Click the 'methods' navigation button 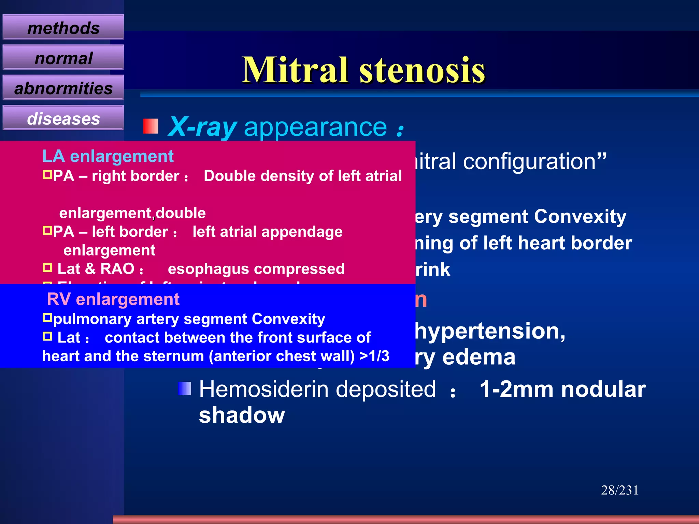63,28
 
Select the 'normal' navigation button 63,58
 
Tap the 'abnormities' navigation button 63,88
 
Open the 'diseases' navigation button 63,118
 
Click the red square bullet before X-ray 151,126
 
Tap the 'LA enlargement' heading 108,156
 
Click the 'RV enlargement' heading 113,299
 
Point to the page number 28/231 619,490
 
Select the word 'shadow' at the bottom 242,415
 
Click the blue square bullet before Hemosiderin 185,389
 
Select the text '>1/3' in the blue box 374,356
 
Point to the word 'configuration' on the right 529,161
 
